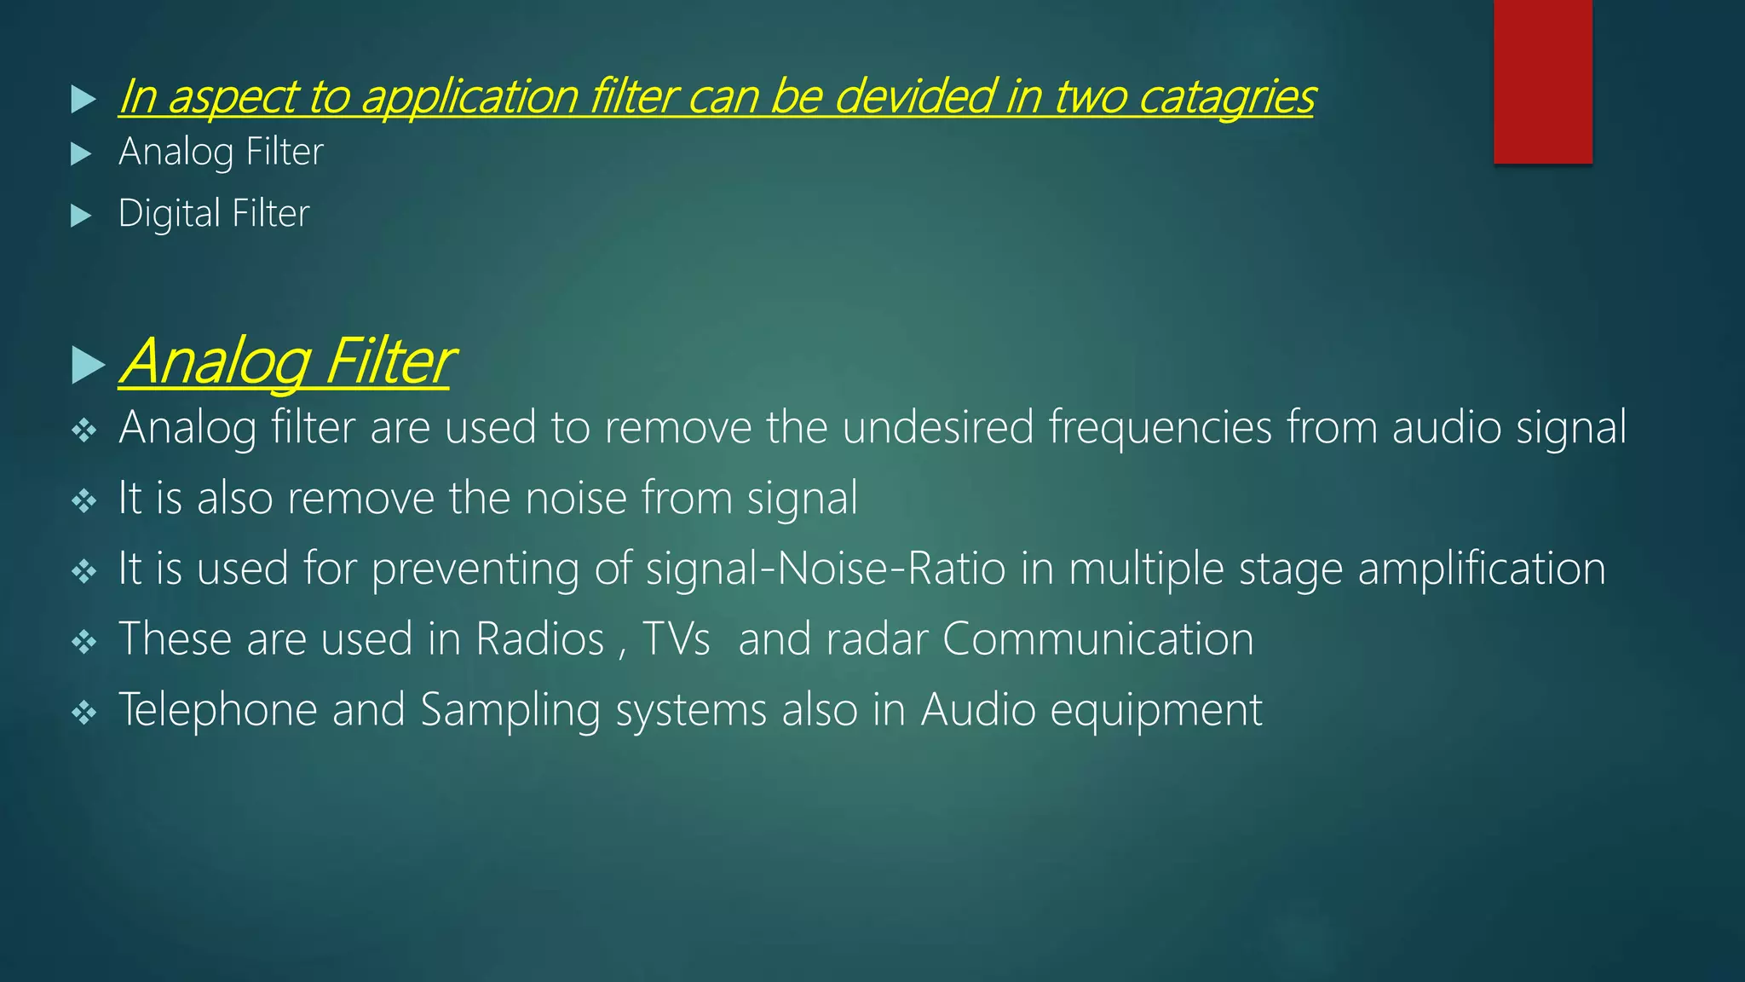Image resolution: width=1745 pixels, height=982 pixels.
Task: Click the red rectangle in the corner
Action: click(x=1542, y=81)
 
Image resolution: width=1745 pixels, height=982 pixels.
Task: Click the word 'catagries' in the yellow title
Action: click(x=1226, y=97)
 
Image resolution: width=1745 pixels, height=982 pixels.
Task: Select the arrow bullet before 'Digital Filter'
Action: click(x=81, y=216)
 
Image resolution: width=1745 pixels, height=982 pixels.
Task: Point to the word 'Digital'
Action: click(x=169, y=214)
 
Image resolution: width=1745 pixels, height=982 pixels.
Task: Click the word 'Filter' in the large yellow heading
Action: click(x=389, y=362)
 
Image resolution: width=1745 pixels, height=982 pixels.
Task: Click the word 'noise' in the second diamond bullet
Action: click(x=576, y=498)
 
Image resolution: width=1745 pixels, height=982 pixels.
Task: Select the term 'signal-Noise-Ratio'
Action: click(x=826, y=569)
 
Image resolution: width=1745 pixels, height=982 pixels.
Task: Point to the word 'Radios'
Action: click(x=539, y=639)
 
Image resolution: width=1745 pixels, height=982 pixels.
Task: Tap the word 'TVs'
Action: click(x=676, y=639)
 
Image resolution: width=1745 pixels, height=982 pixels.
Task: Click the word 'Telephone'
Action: click(x=217, y=710)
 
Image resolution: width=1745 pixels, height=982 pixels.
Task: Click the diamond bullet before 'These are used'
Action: click(x=84, y=641)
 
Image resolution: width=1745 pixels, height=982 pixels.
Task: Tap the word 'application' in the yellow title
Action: click(x=469, y=97)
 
